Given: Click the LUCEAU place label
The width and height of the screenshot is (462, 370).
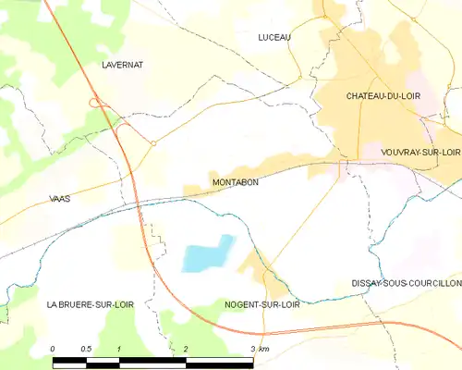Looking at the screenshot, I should click(274, 37).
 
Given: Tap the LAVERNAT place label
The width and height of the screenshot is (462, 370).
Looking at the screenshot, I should click(120, 66).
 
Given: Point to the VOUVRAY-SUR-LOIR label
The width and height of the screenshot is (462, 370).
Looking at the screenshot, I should click(420, 151).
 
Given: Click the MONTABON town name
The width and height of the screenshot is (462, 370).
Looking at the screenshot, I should click(235, 182).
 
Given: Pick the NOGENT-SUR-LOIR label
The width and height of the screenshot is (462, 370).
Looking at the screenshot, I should click(262, 303).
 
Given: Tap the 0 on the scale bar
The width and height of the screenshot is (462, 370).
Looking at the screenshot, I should click(54, 348).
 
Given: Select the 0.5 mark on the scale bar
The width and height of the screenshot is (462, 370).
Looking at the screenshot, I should click(86, 348).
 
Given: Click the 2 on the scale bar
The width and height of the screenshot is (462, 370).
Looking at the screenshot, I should click(186, 348).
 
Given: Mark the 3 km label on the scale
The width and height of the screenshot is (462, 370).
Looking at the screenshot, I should click(260, 348).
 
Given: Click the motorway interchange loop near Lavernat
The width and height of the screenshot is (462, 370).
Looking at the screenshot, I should click(95, 104).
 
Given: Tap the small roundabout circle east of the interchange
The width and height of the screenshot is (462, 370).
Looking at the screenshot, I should click(152, 143).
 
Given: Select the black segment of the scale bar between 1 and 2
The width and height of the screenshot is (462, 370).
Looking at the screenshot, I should click(152, 358).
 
